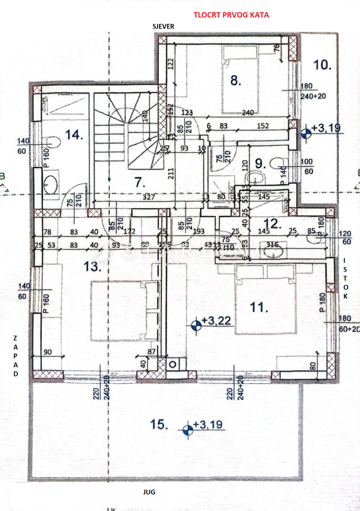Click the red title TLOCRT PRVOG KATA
pos(231,15)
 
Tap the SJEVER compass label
pos(163,27)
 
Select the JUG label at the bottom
pos(149,492)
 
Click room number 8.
pos(235,80)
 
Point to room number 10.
pos(323,65)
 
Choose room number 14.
pos(74,135)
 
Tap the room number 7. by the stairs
pos(137,181)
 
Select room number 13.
pos(93,267)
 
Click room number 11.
pos(259,308)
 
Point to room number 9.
pos(260,163)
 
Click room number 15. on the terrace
pos(159,425)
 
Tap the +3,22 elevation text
pos(216,321)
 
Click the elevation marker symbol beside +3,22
pos(196,325)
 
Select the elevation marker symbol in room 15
pos(188,429)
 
